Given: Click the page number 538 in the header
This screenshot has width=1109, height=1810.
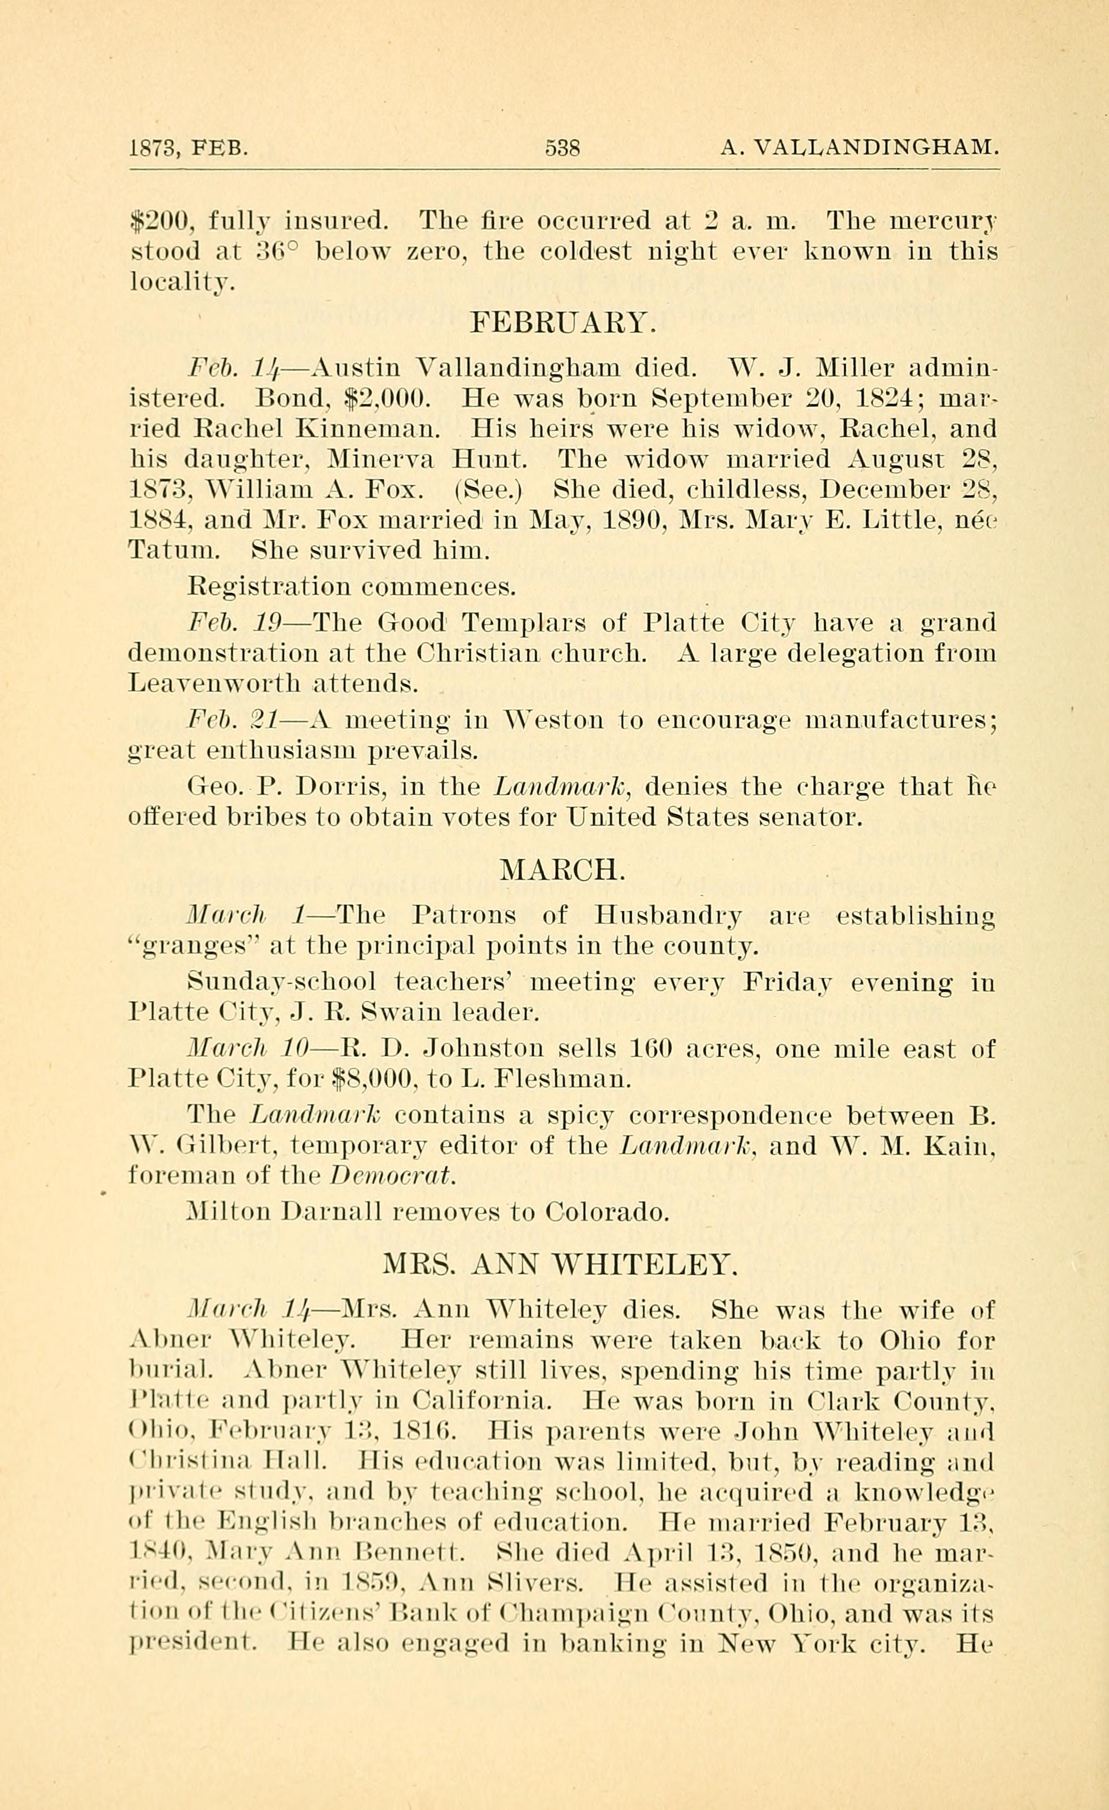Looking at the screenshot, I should click(x=563, y=148).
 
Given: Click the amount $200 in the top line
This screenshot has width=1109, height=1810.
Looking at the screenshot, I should click(x=159, y=220).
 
